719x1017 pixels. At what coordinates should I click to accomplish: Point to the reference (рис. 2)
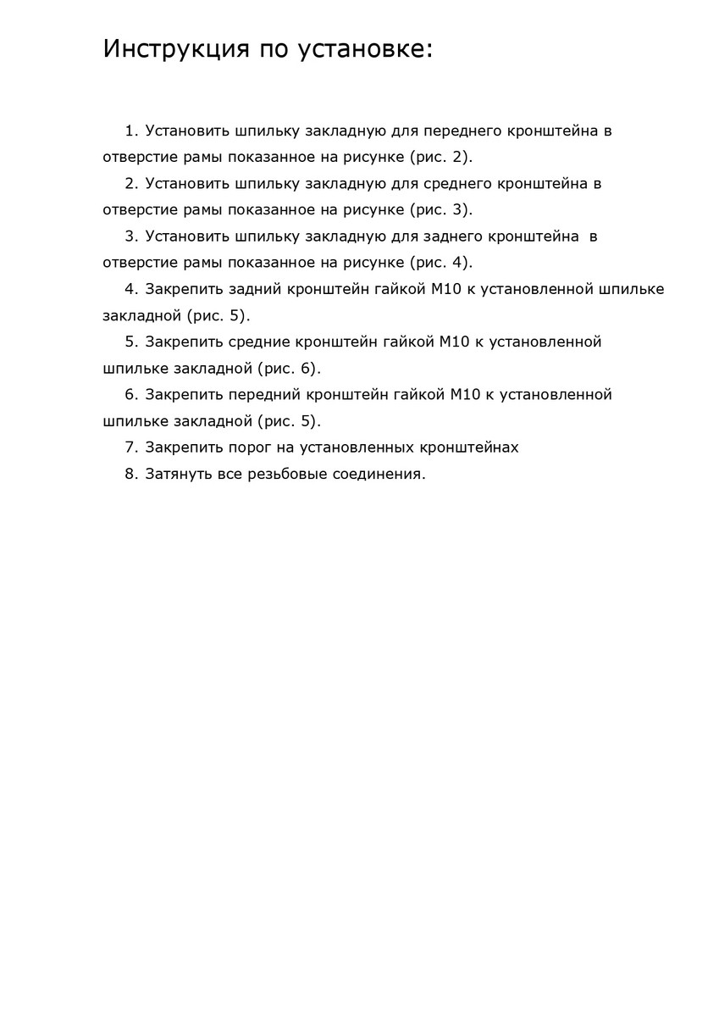(x=440, y=158)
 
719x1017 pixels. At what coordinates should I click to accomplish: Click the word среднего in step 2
(x=456, y=184)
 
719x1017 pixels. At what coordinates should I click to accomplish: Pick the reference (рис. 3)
(x=440, y=210)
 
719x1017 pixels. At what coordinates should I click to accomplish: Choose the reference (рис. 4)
(x=440, y=263)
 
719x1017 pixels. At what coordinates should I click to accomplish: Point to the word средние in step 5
(x=259, y=342)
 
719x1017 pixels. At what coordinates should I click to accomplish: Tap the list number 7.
(x=130, y=447)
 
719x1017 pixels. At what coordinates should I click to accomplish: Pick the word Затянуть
(x=178, y=474)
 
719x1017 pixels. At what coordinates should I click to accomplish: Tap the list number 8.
(x=130, y=474)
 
